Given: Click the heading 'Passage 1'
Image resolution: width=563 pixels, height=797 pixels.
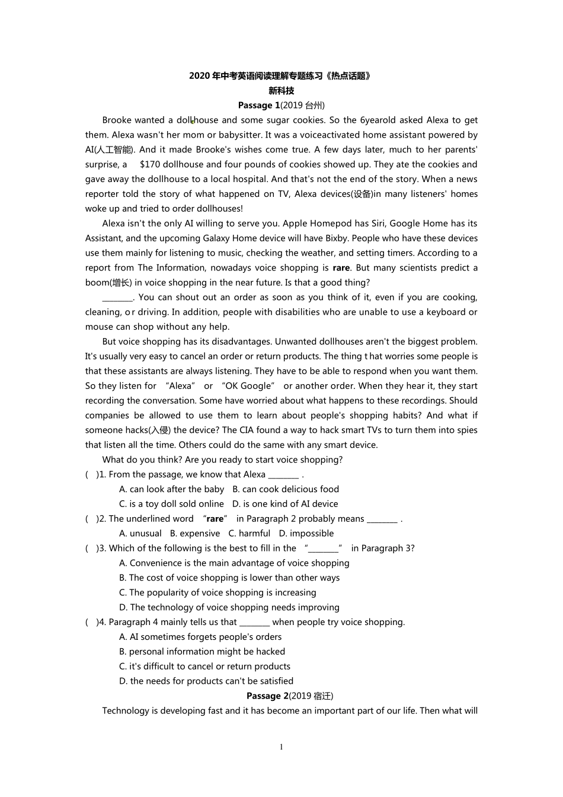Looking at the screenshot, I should pyautogui.click(x=259, y=106).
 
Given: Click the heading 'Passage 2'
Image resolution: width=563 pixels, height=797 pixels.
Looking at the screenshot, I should pyautogui.click(x=267, y=696).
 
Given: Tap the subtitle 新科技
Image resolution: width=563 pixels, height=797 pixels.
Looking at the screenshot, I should pyautogui.click(x=281, y=91).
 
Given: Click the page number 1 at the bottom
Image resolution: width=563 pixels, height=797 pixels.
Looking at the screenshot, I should pyautogui.click(x=281, y=747).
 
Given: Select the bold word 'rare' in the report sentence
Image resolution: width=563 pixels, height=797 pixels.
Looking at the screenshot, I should pyautogui.click(x=341, y=268).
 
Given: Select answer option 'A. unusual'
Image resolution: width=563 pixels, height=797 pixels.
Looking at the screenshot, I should pyautogui.click(x=140, y=534).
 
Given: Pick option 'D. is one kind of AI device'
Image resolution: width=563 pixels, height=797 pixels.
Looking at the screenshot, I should pyautogui.click(x=285, y=504).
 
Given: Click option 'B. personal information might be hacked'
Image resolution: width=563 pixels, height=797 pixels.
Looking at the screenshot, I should pyautogui.click(x=202, y=652).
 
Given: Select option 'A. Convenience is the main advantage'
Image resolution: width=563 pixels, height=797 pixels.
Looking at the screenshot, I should pyautogui.click(x=234, y=563).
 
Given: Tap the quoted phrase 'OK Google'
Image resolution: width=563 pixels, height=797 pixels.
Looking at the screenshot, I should pyautogui.click(x=248, y=386).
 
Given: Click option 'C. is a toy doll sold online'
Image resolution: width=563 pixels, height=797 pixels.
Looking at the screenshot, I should pyautogui.click(x=171, y=504).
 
